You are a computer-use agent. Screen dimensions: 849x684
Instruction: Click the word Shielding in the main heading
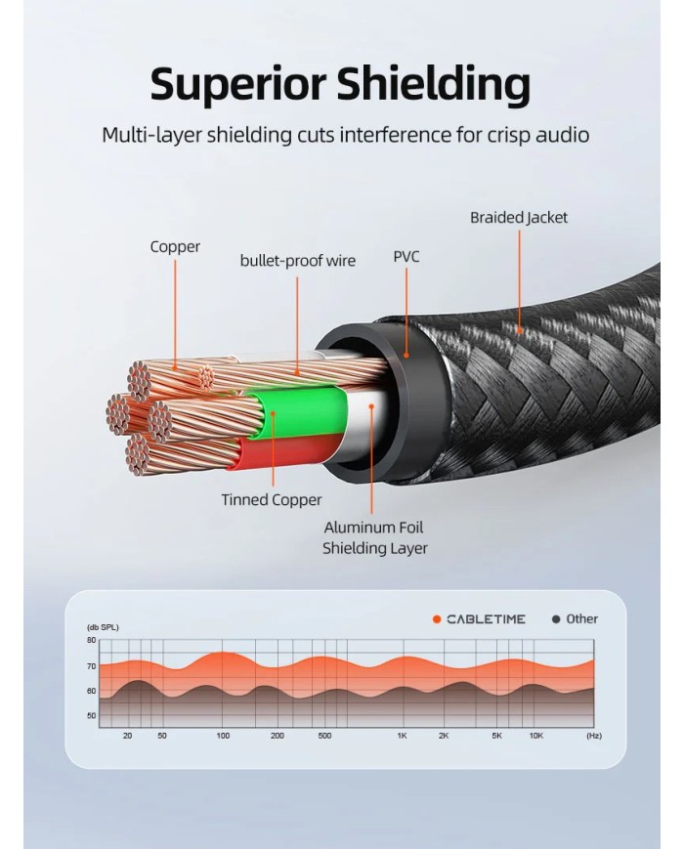point(433,85)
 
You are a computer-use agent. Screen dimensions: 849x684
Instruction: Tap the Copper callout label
point(175,247)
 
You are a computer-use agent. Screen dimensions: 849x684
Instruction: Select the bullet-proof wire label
point(298,261)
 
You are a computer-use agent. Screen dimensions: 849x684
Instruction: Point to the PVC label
point(406,257)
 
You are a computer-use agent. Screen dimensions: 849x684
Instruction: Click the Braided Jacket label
point(518,217)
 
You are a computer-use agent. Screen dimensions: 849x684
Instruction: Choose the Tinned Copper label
point(271,500)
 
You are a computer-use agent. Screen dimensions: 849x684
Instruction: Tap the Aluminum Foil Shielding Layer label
point(374,537)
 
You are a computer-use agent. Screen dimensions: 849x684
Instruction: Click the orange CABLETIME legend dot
point(437,619)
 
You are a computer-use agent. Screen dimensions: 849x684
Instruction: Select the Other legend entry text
point(581,618)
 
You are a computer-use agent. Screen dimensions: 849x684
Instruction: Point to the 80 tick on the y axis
point(91,641)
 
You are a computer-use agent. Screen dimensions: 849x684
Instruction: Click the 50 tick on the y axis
point(91,716)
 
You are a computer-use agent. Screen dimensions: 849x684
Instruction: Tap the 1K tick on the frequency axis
point(402,736)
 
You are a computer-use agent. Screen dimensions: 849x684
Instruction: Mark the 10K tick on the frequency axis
point(535,736)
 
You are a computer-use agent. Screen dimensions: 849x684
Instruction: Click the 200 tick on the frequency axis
point(277,736)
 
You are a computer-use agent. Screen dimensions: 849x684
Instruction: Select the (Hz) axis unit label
point(593,736)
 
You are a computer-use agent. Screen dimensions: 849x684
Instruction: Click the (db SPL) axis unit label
point(103,627)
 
